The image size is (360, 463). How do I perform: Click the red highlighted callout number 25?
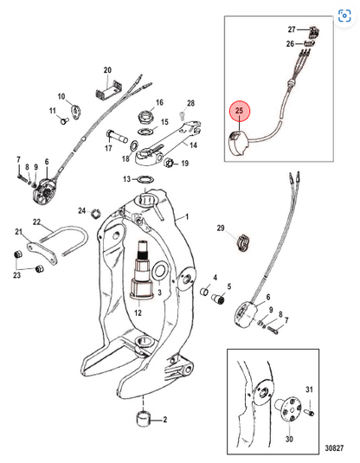pos(239,111)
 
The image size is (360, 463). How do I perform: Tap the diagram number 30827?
pos(334,448)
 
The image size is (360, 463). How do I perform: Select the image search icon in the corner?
pos(344,16)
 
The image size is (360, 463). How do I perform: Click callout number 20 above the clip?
pos(107,70)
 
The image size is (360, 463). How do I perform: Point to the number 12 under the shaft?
pos(138,312)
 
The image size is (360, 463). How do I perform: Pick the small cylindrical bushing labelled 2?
pos(144,418)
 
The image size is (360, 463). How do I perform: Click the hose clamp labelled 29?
pos(244,242)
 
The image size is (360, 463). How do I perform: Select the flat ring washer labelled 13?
pos(146,179)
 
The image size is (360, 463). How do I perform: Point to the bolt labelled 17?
pos(117,137)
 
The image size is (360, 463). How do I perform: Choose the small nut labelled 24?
pos(96,213)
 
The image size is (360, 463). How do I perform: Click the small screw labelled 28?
pos(183,115)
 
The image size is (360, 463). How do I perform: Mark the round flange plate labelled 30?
pos(289,409)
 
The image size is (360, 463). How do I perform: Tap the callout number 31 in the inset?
pos(309,389)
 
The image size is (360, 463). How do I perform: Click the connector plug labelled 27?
pos(313,31)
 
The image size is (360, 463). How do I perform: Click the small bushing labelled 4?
pos(204,292)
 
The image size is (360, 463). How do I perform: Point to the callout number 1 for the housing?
pos(187,216)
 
